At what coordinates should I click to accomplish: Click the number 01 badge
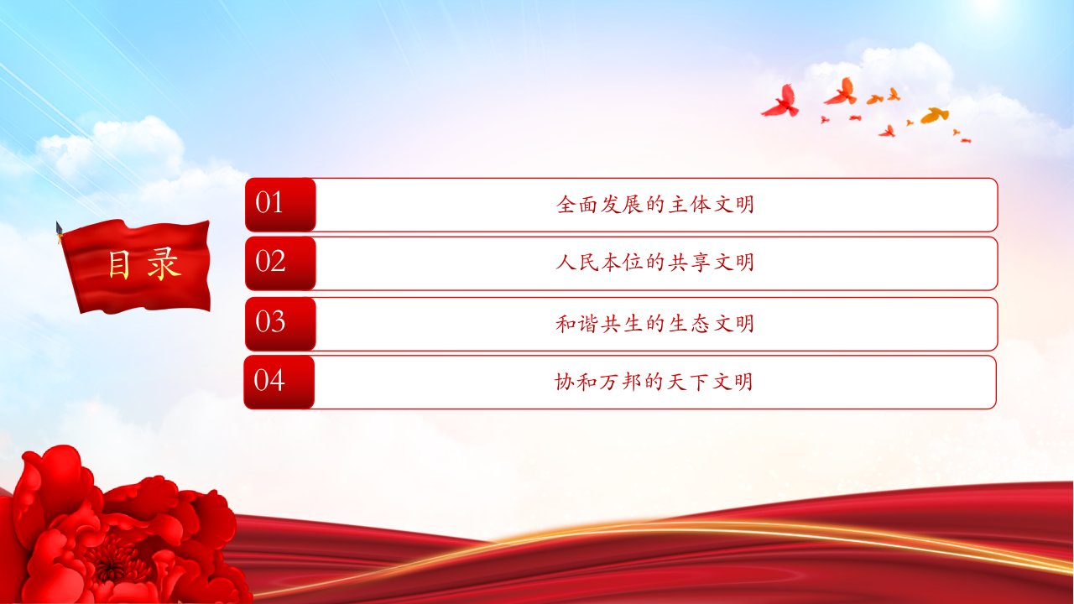[x=280, y=205]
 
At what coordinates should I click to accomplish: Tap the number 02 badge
[x=280, y=263]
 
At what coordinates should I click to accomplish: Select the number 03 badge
[x=280, y=324]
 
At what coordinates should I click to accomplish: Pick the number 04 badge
[x=279, y=382]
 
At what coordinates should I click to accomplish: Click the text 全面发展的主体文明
[x=655, y=204]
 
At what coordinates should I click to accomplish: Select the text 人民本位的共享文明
[x=655, y=263]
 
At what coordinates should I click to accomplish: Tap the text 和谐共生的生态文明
[x=655, y=323]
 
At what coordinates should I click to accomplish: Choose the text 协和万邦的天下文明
[x=654, y=382]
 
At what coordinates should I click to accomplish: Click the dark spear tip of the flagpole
[x=60, y=228]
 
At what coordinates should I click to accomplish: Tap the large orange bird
[x=935, y=116]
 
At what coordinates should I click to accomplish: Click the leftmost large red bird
[x=781, y=102]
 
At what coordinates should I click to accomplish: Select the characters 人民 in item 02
[x=577, y=263]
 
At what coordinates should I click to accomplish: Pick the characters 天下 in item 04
[x=687, y=382]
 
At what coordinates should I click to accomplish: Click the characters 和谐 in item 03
[x=577, y=323]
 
